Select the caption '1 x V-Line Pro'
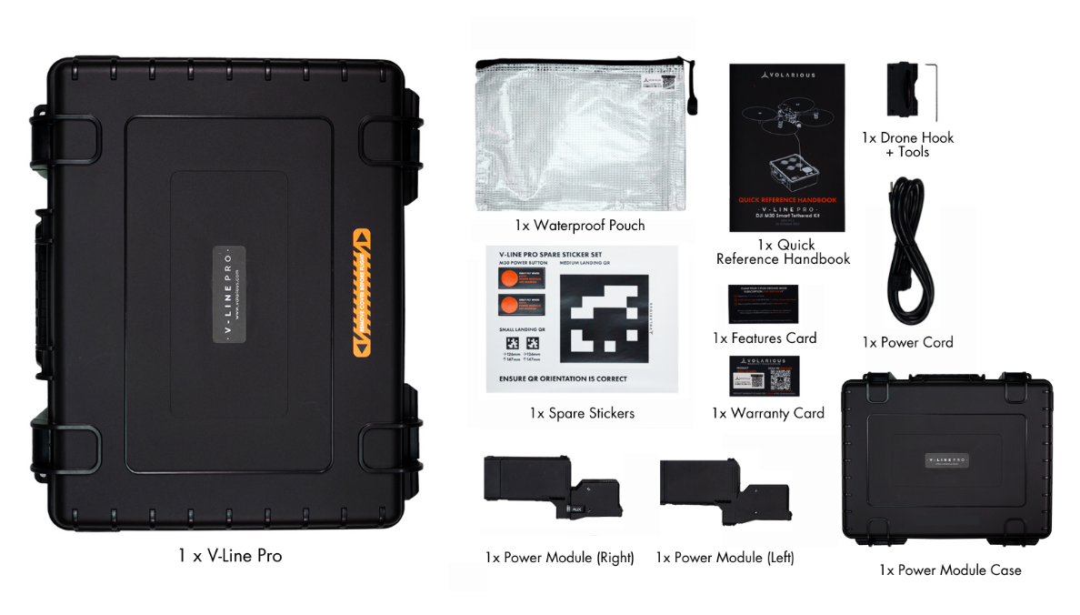pos(230,555)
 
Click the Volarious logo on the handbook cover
pos(787,75)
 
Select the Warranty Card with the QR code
pos(765,375)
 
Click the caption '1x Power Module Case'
pos(949,570)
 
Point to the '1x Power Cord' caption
pos(907,343)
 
